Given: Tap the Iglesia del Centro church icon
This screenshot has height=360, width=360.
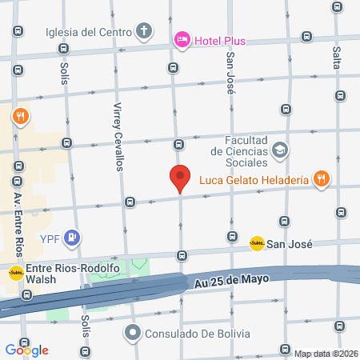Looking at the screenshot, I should (144, 33).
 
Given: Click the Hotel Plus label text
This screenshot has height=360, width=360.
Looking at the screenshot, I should (218, 41).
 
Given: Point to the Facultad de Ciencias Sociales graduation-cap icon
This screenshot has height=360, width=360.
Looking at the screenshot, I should (280, 149).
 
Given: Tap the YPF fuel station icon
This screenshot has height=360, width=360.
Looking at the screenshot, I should (74, 238).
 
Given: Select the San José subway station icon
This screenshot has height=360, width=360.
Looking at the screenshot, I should (257, 243).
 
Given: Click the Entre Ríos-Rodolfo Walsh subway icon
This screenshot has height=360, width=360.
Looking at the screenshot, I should (15, 273).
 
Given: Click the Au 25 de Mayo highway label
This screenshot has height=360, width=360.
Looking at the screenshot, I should (229, 282).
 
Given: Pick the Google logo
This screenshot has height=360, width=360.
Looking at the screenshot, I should (27, 350).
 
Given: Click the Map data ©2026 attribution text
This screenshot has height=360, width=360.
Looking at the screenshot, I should (326, 354).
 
